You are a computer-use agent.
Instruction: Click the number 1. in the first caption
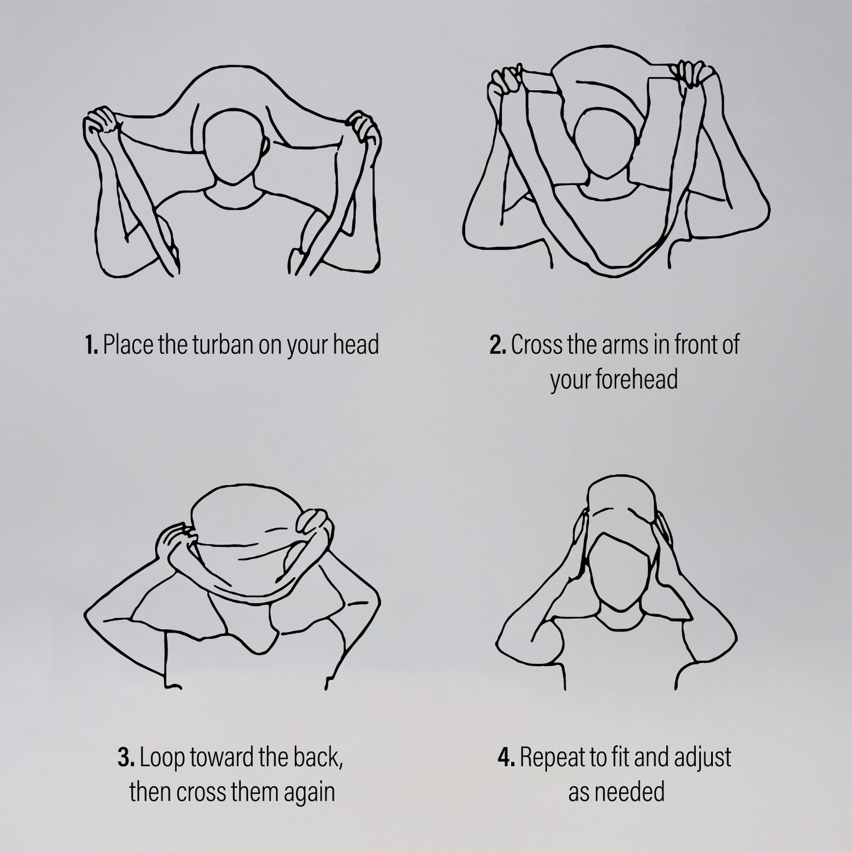tap(91, 345)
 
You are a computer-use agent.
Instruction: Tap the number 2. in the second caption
tap(498, 345)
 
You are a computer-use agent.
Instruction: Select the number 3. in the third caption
tap(126, 758)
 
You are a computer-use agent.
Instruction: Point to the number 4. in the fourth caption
tap(506, 758)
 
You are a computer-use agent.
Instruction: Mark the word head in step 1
tap(356, 345)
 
